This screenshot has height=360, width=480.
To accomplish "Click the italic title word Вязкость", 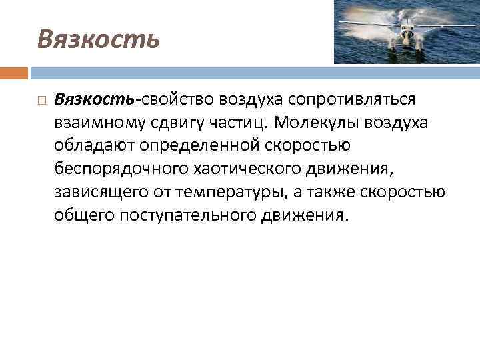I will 99,39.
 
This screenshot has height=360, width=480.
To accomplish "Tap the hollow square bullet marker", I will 41,100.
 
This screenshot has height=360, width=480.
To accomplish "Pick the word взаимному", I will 96,123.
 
